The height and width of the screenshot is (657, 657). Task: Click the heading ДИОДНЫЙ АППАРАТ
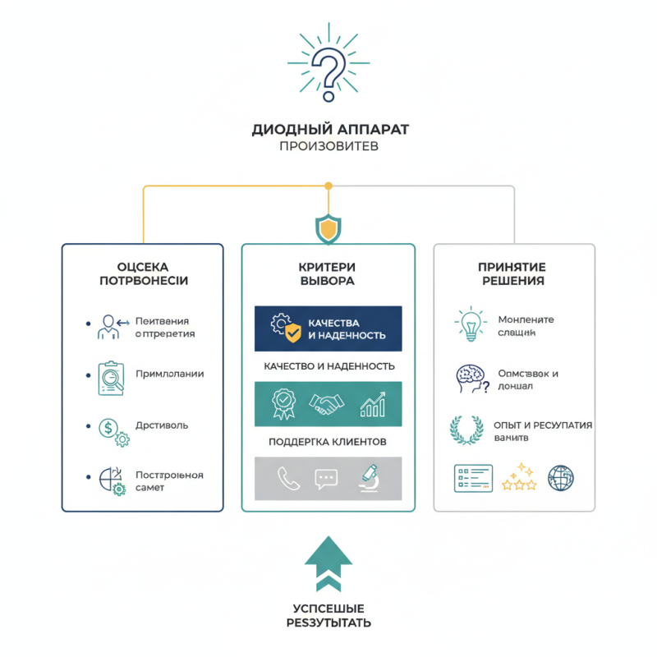(328, 129)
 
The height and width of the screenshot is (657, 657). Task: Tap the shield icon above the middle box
(328, 228)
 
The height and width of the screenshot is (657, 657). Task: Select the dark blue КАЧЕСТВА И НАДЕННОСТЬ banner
(328, 328)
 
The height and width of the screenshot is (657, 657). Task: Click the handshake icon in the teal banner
(328, 403)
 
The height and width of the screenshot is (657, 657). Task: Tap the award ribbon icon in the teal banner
(283, 403)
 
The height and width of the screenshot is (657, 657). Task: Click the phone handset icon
(288, 479)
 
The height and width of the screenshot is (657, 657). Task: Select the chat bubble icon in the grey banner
(326, 479)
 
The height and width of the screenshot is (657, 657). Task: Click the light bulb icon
(470, 324)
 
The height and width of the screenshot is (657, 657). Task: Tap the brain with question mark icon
(471, 378)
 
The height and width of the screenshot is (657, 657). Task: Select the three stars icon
(518, 477)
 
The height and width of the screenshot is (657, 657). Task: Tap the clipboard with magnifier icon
(109, 376)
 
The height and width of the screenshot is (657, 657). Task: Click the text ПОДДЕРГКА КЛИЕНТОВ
(328, 442)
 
